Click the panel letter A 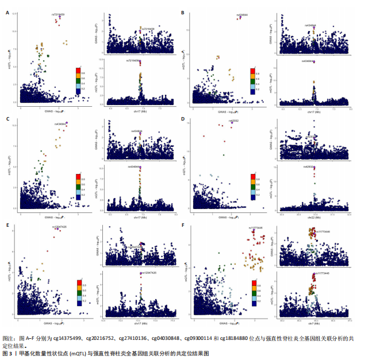tap(7, 13)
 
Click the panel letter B tap(183, 13)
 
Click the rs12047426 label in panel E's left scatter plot tap(60, 227)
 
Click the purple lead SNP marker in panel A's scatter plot tap(60, 17)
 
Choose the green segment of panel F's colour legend tap(253, 293)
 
